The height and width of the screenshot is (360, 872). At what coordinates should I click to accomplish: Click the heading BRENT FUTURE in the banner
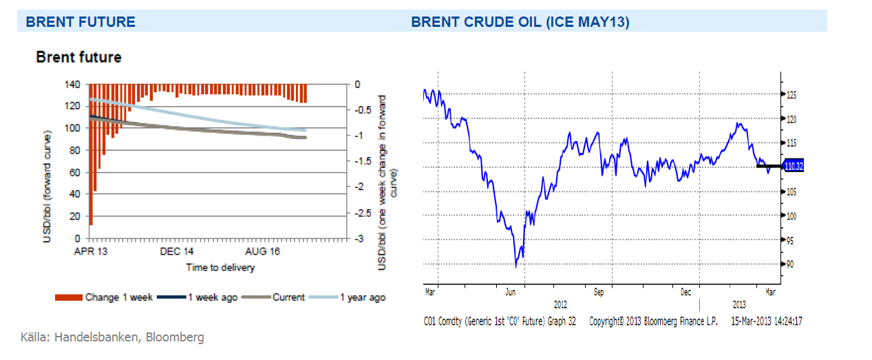(x=80, y=22)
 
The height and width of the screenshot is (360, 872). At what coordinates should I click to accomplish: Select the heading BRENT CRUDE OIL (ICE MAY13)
(x=520, y=22)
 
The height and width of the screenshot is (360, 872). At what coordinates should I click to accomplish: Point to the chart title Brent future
(x=78, y=58)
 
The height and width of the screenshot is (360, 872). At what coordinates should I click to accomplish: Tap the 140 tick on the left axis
(x=72, y=84)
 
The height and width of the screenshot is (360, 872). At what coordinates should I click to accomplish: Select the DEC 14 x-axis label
(x=176, y=252)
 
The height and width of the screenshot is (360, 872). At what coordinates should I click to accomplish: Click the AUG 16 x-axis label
(x=262, y=252)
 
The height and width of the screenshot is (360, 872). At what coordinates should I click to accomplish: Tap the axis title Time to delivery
(x=220, y=267)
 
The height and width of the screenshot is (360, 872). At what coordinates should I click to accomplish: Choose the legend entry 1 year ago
(x=359, y=297)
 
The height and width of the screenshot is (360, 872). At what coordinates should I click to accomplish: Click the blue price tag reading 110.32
(x=794, y=166)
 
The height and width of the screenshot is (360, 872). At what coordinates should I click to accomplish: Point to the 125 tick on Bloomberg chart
(x=791, y=94)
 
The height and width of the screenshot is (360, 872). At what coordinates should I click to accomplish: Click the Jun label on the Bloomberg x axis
(x=511, y=292)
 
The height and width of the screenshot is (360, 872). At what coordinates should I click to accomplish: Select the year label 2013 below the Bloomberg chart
(x=738, y=304)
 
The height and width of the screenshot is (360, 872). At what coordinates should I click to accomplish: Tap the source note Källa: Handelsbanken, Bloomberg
(x=112, y=337)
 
